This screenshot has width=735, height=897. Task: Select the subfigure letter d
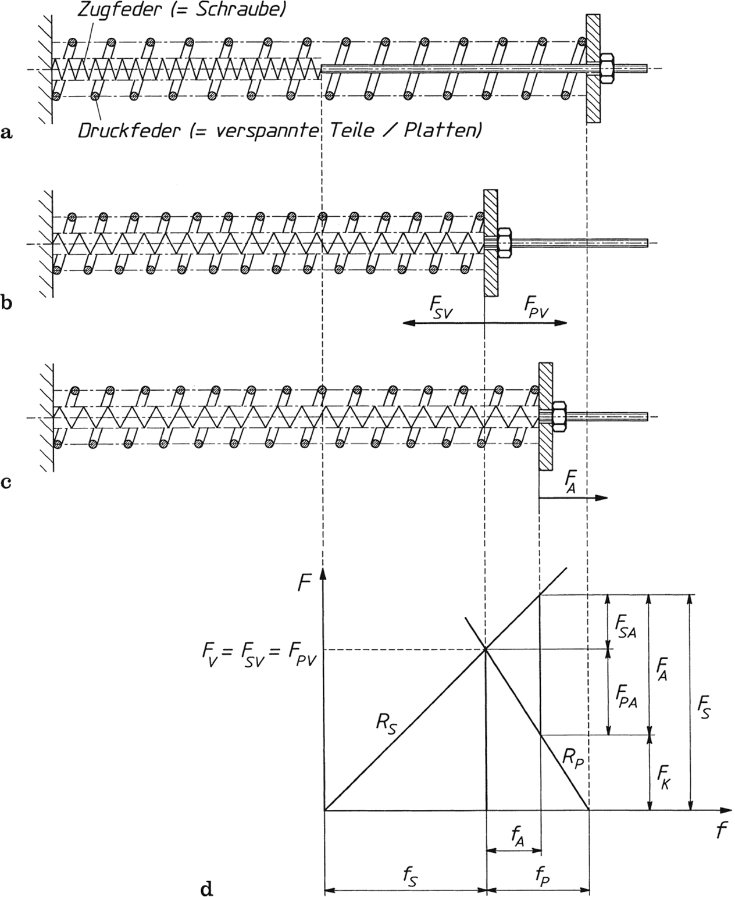205,888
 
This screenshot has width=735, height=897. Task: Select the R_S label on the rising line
386,726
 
